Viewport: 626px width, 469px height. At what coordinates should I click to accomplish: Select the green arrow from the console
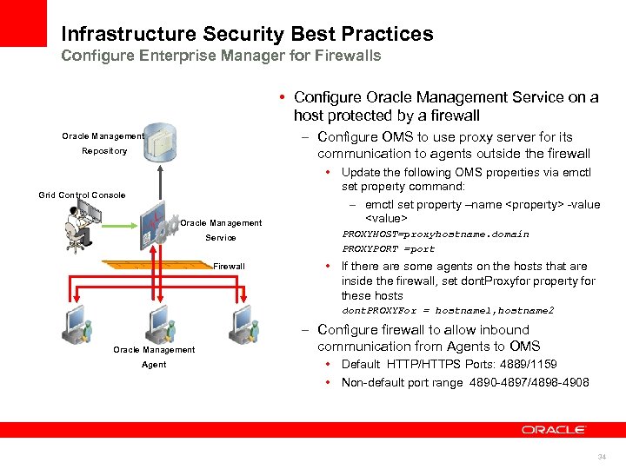(x=122, y=223)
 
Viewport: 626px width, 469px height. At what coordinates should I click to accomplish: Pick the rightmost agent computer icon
(x=243, y=325)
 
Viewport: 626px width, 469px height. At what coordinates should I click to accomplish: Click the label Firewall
(x=230, y=266)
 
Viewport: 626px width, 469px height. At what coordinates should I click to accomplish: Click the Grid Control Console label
(x=82, y=195)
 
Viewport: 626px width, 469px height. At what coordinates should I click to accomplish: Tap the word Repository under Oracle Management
(x=104, y=151)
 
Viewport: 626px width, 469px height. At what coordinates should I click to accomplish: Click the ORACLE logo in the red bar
(x=554, y=430)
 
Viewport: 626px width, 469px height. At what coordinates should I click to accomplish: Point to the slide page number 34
(x=601, y=457)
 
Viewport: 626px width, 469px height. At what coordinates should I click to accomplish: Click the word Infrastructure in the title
(x=128, y=35)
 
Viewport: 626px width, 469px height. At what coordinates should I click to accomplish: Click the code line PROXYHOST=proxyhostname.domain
(x=435, y=234)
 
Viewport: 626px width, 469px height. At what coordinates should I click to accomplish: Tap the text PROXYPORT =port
(x=389, y=248)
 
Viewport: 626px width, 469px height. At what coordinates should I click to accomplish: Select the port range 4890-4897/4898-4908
(x=528, y=382)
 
